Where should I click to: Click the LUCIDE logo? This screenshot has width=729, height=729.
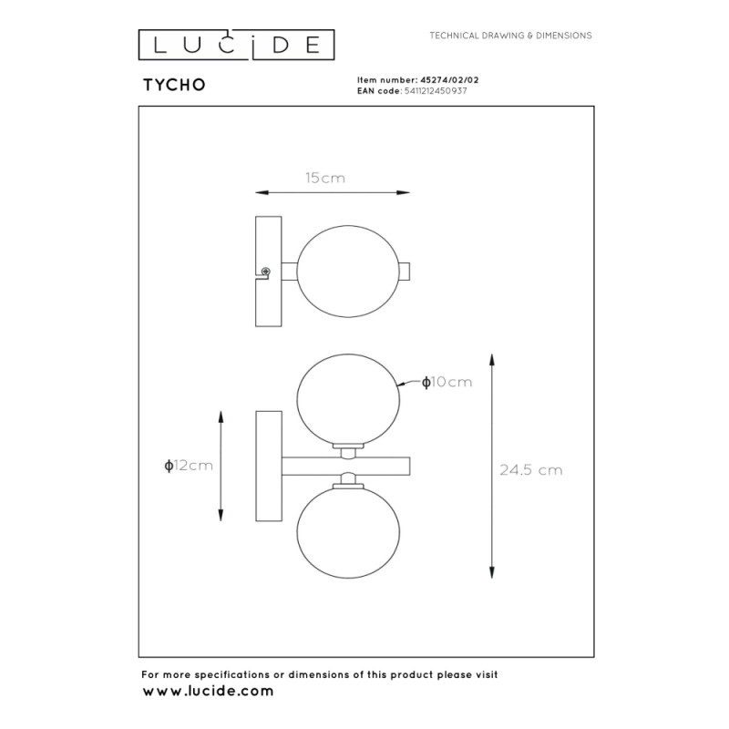(236, 45)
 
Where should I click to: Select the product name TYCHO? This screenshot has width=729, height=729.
(174, 85)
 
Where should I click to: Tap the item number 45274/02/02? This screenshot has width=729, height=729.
(449, 80)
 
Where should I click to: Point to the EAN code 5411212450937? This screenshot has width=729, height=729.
(436, 90)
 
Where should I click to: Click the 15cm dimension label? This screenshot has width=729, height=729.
(325, 178)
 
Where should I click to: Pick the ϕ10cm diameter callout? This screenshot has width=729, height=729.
(447, 382)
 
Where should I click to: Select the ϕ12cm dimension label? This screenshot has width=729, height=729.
(189, 466)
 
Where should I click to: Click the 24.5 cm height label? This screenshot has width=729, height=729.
(531, 470)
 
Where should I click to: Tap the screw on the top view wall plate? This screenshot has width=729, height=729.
(266, 271)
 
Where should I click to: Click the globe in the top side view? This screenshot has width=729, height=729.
(348, 272)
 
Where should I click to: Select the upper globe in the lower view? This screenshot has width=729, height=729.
(348, 399)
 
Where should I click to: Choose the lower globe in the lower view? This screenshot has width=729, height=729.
(348, 533)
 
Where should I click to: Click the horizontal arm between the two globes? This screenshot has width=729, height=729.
(345, 467)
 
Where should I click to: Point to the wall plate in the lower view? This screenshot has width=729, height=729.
(269, 466)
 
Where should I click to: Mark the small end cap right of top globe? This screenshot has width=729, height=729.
(405, 272)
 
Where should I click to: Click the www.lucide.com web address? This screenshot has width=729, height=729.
(208, 691)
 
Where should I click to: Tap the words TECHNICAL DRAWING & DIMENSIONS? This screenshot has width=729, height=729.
(510, 36)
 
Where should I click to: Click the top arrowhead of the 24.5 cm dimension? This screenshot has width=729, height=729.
(492, 360)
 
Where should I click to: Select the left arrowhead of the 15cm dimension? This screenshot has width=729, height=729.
(262, 192)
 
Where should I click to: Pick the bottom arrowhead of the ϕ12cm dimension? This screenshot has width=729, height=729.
(221, 515)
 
